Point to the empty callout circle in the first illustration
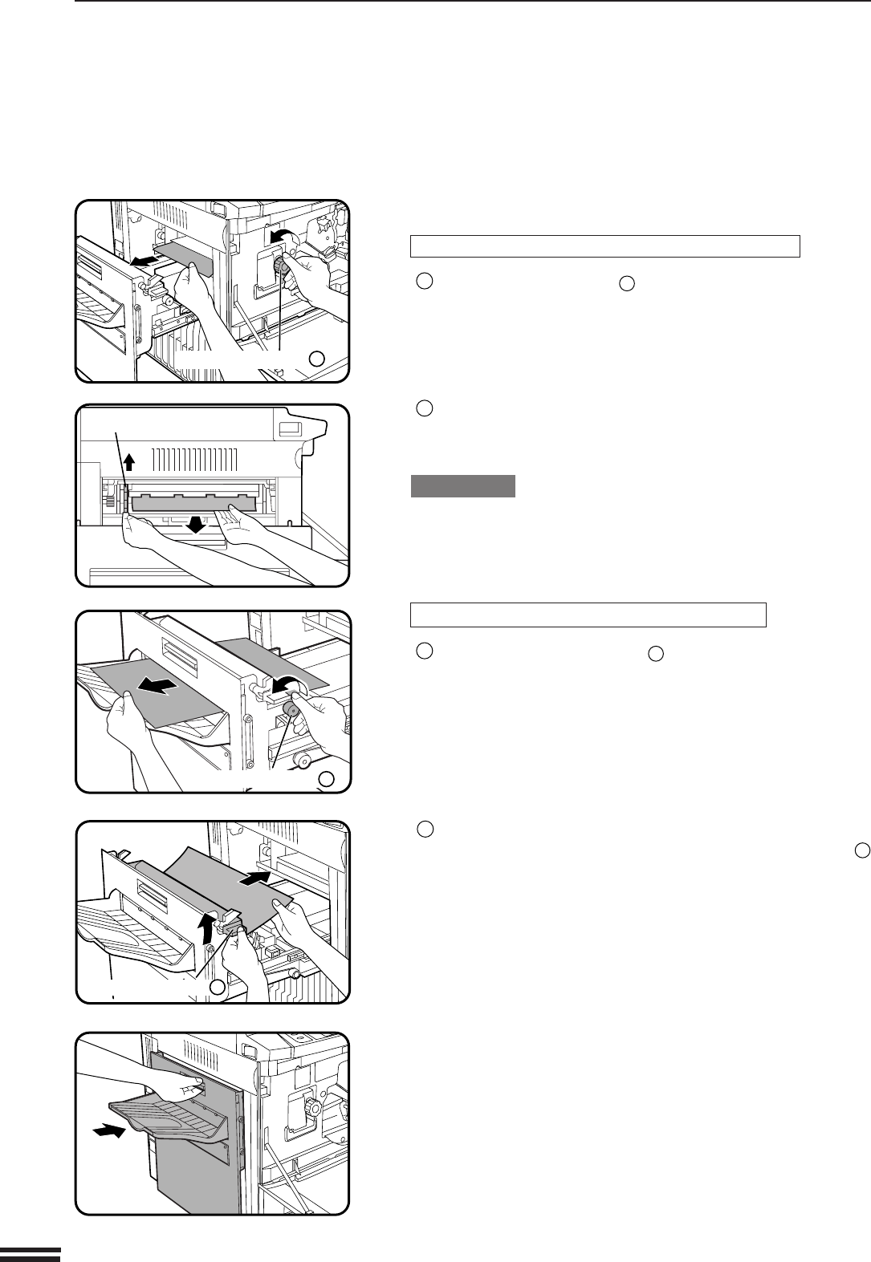tap(317, 359)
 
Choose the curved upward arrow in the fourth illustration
tap(208, 931)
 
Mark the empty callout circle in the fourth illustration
tap(217, 988)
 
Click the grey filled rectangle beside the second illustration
tap(462, 486)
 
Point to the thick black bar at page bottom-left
tap(31, 1255)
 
